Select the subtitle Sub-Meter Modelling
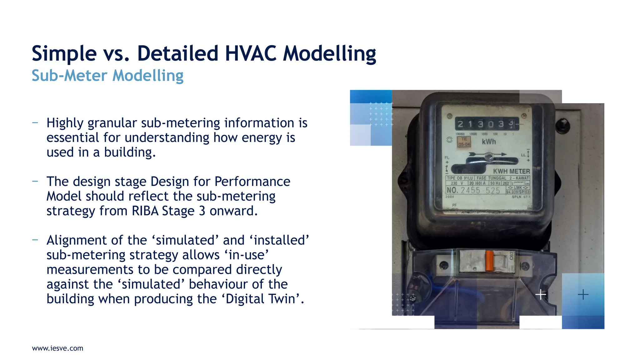pos(107,76)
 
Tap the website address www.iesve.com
pos(57,348)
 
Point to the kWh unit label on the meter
pos(489,142)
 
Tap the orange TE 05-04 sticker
pos(464,142)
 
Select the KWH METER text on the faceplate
pos(511,171)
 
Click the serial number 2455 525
pos(480,190)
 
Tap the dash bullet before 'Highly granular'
pos(35,122)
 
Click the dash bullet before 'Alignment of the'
pos(35,240)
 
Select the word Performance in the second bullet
pos(252,182)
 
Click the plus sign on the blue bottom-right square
pos(583,294)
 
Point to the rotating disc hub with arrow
pos(488,156)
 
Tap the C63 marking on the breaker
pos(511,256)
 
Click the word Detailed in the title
pos(177,53)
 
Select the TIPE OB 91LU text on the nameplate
pos(460,178)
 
